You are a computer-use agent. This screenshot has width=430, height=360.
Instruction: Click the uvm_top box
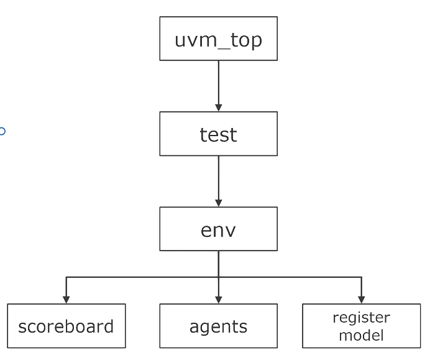pos(218,39)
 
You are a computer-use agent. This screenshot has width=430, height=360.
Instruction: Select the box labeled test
pos(218,134)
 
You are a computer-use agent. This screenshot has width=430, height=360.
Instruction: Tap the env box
pos(218,229)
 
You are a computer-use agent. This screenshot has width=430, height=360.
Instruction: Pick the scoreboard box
pos(66,325)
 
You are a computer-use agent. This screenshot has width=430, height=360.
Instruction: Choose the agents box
pos(218,325)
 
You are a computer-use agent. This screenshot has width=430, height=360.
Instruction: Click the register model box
pos(361,325)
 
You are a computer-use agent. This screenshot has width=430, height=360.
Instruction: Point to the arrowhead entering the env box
pos(218,203)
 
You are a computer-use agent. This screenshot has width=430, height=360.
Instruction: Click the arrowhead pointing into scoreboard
pos(66,299)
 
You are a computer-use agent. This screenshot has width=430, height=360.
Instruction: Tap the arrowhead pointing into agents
pos(218,299)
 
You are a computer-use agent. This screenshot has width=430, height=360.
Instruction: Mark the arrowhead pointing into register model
pos(361,299)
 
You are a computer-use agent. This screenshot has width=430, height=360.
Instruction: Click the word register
pos(361,318)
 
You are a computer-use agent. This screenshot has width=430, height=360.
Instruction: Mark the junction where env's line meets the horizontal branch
pos(218,277)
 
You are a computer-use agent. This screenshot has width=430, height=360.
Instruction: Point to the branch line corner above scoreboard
pos(66,277)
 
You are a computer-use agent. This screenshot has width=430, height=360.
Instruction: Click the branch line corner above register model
pos(361,277)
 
